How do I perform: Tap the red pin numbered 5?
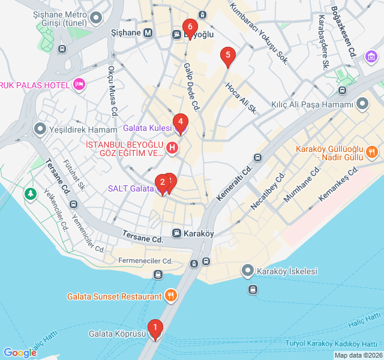point(227,56)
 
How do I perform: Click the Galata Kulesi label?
point(147,128)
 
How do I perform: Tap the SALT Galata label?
point(131,188)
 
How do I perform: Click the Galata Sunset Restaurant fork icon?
point(171,295)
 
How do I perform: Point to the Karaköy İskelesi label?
point(286,271)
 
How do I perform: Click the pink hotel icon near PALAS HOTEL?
point(79,84)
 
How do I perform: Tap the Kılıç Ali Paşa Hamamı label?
point(311,105)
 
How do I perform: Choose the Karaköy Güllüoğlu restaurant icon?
point(372,151)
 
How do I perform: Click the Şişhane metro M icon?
point(148,33)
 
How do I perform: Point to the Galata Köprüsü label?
point(118,334)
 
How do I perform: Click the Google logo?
point(20,353)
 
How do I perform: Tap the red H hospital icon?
point(172,148)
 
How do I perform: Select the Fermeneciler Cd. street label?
point(145,261)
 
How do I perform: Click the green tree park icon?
point(31,194)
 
